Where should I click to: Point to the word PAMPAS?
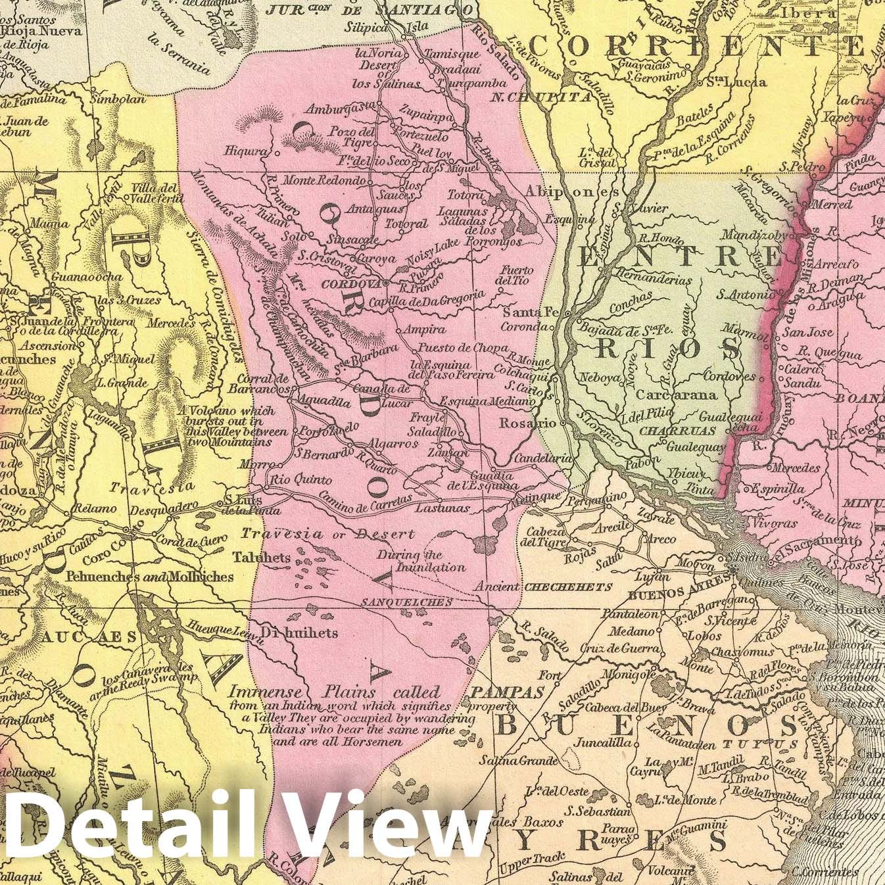tap(507, 692)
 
